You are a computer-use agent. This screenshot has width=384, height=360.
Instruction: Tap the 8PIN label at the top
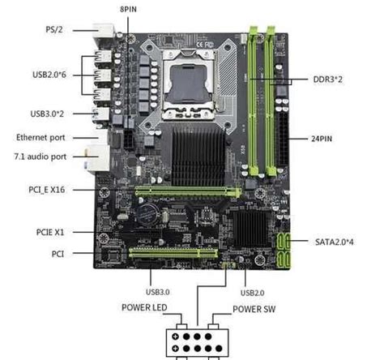(x=127, y=7)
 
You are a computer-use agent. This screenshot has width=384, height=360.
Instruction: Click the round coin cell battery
(x=148, y=213)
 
